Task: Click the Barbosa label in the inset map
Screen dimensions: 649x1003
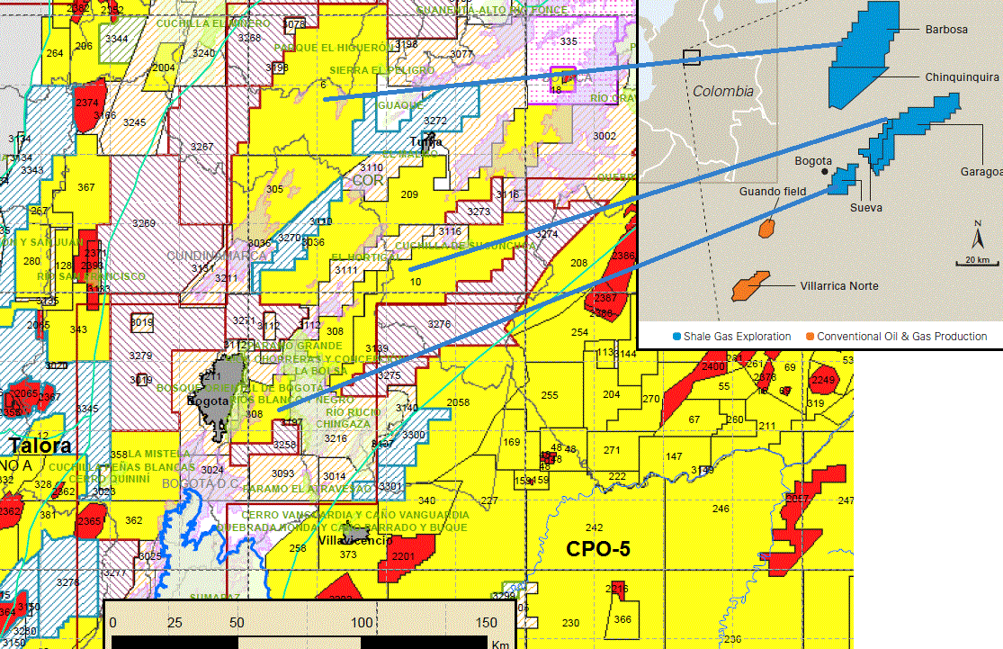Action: (x=946, y=30)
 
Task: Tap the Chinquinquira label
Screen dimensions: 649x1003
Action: (x=962, y=77)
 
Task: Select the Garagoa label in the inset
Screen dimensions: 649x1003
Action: (x=980, y=171)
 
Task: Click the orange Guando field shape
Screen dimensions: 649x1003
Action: (x=767, y=228)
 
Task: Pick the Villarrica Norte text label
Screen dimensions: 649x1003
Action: (x=838, y=286)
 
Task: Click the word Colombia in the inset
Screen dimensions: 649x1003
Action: (x=723, y=91)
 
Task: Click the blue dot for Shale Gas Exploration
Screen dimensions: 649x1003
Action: (x=676, y=337)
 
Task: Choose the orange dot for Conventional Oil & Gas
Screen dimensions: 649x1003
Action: (x=810, y=337)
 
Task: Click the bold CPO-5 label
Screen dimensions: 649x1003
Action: (x=597, y=548)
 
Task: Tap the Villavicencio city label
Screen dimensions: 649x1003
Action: (x=355, y=541)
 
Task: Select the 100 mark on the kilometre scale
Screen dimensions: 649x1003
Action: (x=362, y=623)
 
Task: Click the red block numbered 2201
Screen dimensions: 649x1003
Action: (x=404, y=556)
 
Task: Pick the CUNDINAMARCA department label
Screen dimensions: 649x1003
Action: (x=217, y=256)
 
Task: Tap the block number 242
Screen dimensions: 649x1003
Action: (x=594, y=527)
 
